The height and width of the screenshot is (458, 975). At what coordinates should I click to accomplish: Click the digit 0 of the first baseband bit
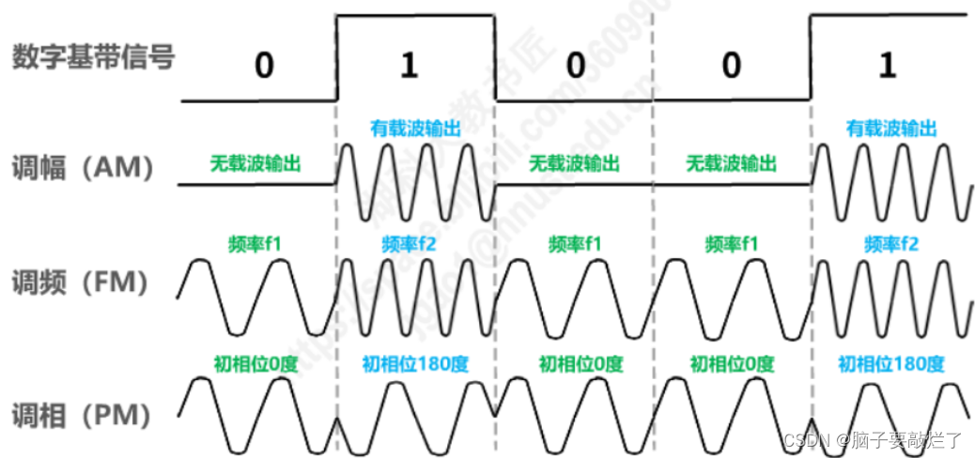pos(265,67)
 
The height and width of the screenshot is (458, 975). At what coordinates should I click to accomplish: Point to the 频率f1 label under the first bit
pos(255,244)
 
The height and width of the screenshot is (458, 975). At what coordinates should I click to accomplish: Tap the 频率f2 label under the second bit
pos(409,245)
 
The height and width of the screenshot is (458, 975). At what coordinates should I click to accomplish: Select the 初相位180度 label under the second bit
pos(416,364)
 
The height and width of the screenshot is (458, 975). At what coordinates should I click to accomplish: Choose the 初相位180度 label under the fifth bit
pos(890,364)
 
